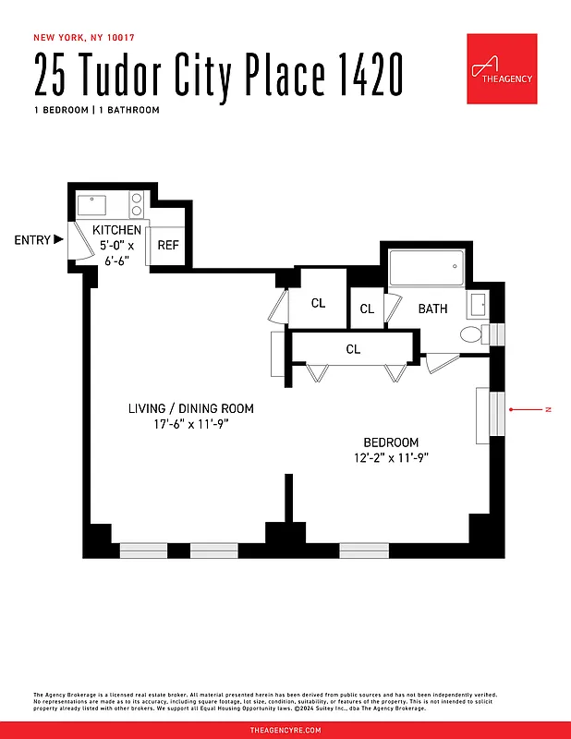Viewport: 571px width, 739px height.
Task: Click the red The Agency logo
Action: coord(502,69)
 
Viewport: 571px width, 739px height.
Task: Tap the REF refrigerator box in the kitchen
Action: coord(167,245)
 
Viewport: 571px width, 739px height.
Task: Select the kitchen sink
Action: coord(92,203)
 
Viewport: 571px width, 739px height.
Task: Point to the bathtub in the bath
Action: coord(425,269)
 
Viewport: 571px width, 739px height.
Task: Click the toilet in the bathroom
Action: coord(474,334)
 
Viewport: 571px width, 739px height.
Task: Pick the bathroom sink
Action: coord(480,304)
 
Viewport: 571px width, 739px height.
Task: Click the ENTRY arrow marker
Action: coord(59,239)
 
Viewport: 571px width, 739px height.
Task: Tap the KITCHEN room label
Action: coord(116,230)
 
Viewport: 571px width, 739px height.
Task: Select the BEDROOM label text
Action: coord(390,442)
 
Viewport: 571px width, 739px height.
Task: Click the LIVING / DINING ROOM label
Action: coord(190,408)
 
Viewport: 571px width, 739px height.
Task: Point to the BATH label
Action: coord(432,309)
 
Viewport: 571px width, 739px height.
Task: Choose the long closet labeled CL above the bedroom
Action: coord(352,349)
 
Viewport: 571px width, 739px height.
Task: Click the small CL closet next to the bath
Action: coord(367,309)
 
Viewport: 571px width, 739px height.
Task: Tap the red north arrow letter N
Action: coord(547,408)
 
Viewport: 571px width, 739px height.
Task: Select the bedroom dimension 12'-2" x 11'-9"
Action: coord(390,457)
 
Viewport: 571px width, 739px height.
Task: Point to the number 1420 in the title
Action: coord(364,77)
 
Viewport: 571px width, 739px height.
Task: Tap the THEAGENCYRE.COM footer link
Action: coord(285,730)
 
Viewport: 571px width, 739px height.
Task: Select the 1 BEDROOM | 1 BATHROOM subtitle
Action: coord(96,110)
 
